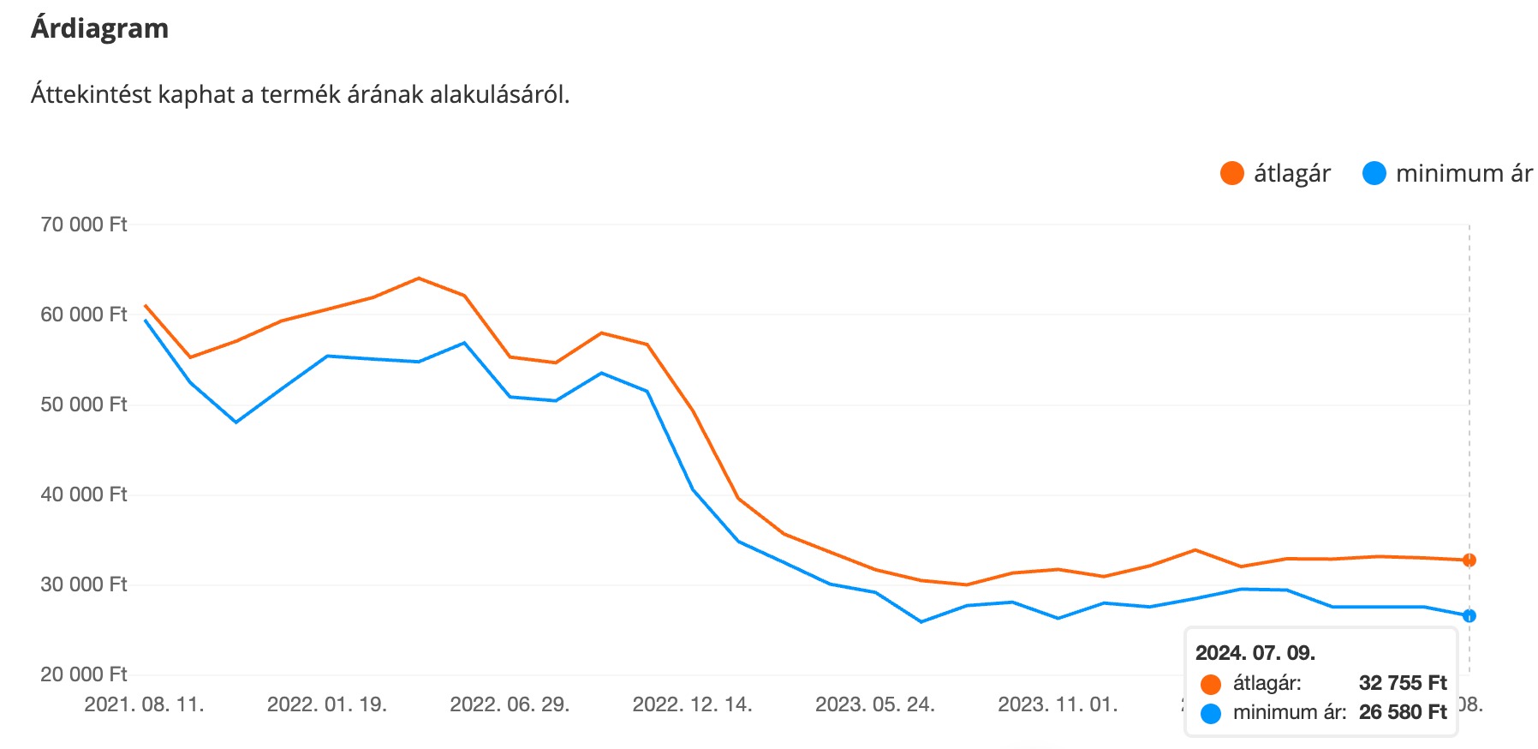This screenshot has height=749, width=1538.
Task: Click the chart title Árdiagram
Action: [x=99, y=28]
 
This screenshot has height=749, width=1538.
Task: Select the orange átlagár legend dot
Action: [x=1231, y=173]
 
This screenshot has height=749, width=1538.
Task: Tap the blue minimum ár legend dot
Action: [x=1374, y=173]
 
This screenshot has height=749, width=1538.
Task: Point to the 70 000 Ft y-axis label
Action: [x=83, y=225]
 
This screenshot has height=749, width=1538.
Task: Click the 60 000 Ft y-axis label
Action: [x=83, y=315]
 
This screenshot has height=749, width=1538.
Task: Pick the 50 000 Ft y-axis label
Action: [x=83, y=404]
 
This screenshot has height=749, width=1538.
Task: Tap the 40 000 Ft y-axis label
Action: [x=83, y=494]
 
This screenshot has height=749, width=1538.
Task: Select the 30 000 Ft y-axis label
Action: [x=83, y=584]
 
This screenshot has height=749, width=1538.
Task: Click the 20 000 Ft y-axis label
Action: [x=83, y=674]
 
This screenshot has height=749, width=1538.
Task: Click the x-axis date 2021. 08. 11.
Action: [x=144, y=704]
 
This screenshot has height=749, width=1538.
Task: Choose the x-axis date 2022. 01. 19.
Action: [x=327, y=704]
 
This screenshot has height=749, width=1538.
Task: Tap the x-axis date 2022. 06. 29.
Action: [x=510, y=704]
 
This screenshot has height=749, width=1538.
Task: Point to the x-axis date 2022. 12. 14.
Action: [x=692, y=704]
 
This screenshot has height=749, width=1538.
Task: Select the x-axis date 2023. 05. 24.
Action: [x=874, y=704]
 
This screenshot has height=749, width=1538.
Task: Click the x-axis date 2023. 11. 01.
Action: [x=1058, y=704]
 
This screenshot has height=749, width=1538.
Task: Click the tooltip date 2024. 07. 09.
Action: [x=1255, y=653]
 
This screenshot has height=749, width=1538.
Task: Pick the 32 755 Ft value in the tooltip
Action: [x=1402, y=683]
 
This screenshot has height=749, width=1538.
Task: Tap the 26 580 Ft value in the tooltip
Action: [x=1402, y=712]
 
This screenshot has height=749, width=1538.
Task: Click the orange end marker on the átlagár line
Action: [x=1469, y=560]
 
